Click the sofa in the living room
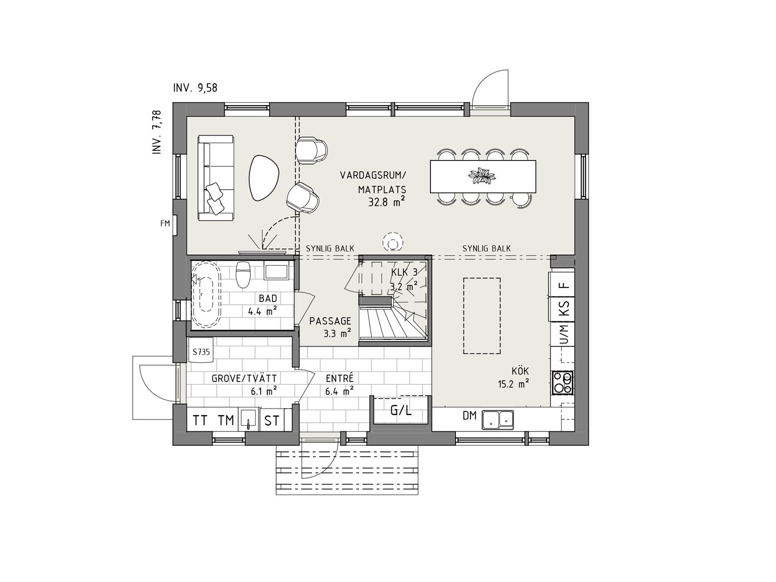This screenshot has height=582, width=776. [216, 178]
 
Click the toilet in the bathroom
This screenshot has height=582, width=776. [243, 274]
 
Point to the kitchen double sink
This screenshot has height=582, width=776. [498, 419]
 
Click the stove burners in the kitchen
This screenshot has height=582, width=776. [562, 383]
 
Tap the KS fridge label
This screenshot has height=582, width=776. [564, 308]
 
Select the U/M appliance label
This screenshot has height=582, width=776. [564, 334]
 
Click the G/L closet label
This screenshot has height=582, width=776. [401, 411]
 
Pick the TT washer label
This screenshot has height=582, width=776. [200, 421]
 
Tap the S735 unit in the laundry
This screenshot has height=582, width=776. [201, 351]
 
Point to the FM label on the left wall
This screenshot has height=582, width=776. [165, 223]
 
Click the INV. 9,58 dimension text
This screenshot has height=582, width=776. [195, 88]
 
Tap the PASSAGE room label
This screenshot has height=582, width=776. [330, 321]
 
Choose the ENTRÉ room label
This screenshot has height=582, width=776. [340, 378]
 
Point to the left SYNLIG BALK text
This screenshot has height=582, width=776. [330, 249]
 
